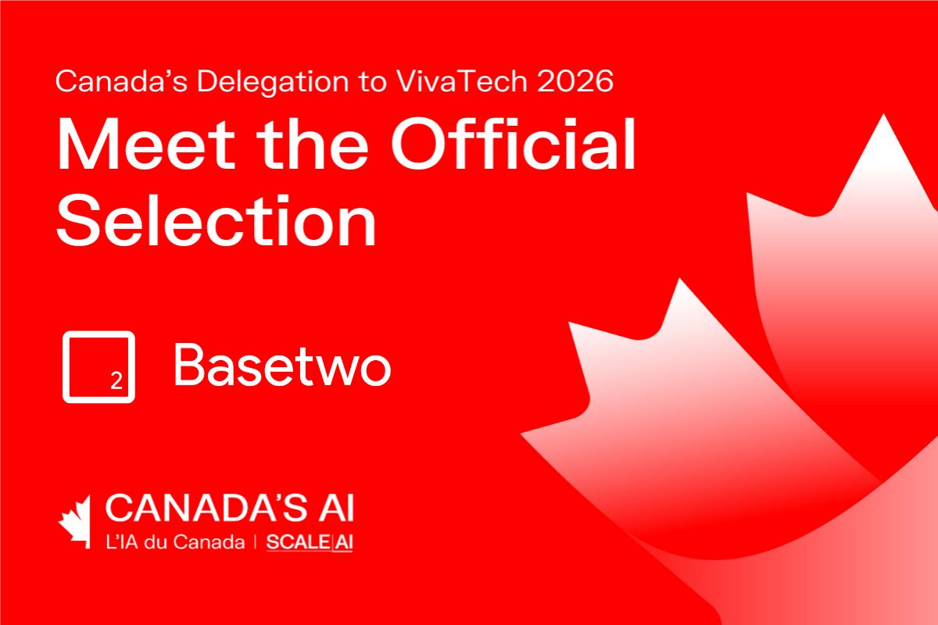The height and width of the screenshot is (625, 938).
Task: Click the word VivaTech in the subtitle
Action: pyautogui.click(x=461, y=80)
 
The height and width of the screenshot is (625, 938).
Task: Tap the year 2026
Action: pyautogui.click(x=575, y=81)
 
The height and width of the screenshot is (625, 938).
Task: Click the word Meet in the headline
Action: pyautogui.click(x=145, y=144)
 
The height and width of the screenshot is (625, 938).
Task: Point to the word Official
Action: pyautogui.click(x=513, y=143)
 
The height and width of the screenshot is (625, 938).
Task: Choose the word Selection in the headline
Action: pyautogui.click(x=216, y=220)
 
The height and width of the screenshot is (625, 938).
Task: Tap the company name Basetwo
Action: pyautogui.click(x=283, y=364)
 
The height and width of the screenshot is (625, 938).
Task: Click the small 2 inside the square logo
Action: pyautogui.click(x=116, y=380)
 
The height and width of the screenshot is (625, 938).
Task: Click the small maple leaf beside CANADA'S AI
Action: pyautogui.click(x=75, y=522)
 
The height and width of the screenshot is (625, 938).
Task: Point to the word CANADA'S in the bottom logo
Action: pyautogui.click(x=200, y=508)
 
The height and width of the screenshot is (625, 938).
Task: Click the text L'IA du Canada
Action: pyautogui.click(x=175, y=542)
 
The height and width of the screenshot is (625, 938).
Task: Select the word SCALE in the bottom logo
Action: pyautogui.click(x=298, y=542)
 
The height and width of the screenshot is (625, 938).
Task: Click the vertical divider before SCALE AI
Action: pyautogui.click(x=256, y=542)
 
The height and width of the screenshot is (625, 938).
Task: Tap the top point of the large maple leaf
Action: pyautogui.click(x=884, y=114)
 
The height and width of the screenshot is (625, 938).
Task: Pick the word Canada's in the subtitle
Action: pyautogui.click(x=121, y=81)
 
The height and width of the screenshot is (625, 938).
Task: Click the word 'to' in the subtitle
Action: pyautogui.click(x=372, y=82)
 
